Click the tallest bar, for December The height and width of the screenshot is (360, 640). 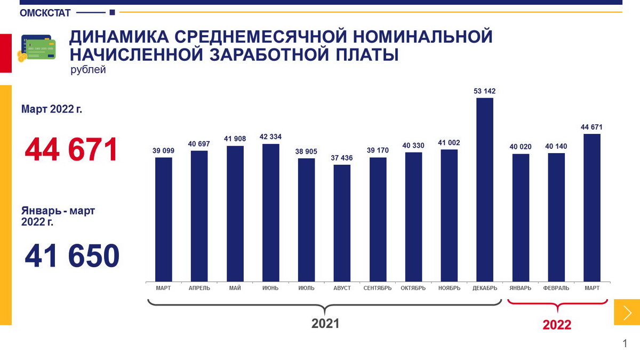485,189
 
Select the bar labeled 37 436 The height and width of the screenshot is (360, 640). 342,223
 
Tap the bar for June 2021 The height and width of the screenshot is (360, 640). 270,212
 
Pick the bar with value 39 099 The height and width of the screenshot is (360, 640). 163,219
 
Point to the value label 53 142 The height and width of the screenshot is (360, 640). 485,91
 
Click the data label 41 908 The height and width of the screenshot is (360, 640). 235,139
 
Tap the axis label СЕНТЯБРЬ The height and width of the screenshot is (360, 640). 378,288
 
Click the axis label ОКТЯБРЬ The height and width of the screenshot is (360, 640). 413,288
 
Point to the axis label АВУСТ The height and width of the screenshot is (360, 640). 342,288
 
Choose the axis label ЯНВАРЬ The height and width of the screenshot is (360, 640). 521,288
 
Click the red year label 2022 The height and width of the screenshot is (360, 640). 557,325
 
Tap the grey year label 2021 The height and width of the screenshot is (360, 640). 325,323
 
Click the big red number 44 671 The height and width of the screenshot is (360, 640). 71,150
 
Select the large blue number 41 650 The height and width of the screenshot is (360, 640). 72,257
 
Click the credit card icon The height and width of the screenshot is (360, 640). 37,48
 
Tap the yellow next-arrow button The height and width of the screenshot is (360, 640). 627,312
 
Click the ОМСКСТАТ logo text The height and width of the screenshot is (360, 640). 45,13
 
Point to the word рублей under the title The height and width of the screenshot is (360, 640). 88,70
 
